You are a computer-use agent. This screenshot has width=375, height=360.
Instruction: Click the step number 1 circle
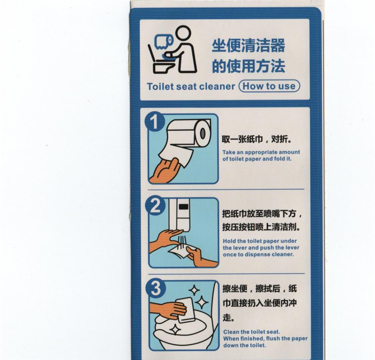(154, 122)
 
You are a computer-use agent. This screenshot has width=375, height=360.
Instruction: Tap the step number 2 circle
(155, 205)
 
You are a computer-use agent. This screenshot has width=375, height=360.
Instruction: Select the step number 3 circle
(155, 288)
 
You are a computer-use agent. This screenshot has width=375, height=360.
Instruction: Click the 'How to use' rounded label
(269, 86)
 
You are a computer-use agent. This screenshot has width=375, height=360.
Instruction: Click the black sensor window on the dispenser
(183, 206)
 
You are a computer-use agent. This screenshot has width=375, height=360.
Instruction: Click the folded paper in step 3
(186, 310)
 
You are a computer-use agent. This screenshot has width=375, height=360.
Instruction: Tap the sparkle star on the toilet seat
(175, 329)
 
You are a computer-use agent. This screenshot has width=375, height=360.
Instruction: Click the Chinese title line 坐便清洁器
(248, 45)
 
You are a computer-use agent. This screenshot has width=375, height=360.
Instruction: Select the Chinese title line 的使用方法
(248, 66)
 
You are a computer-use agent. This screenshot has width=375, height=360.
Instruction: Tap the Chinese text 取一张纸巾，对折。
(257, 139)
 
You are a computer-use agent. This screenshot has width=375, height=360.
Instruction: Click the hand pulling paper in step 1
(165, 171)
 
